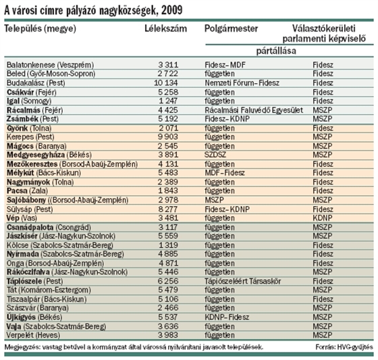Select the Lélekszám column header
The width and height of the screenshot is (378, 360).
point(165,28)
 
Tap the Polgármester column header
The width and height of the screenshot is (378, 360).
point(231,29)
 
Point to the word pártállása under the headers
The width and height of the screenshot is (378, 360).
point(276,51)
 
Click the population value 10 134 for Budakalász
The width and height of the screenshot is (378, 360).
point(166,83)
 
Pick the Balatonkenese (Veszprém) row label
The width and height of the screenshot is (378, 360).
point(50,65)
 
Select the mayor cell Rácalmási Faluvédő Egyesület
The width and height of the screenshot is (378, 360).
point(254,110)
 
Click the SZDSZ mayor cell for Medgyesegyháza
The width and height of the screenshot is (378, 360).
point(215,155)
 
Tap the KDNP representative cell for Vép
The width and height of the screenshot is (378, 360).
point(323,218)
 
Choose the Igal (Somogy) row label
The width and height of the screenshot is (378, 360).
point(29,101)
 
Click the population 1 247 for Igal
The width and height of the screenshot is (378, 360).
point(168,101)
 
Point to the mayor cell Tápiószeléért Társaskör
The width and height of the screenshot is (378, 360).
point(243,281)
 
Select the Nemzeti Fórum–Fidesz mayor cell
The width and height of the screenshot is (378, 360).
point(242,83)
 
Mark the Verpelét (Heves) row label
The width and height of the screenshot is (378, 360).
point(33,335)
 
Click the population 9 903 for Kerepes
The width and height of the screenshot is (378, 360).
point(168,136)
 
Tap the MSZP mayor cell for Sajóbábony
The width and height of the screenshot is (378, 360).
point(215,200)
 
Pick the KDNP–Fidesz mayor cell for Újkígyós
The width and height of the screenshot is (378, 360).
point(227,317)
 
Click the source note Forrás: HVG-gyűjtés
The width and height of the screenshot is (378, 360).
point(344,347)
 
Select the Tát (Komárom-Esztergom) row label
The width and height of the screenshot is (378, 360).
point(49,290)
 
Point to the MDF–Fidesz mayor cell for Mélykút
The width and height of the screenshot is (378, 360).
point(225,172)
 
